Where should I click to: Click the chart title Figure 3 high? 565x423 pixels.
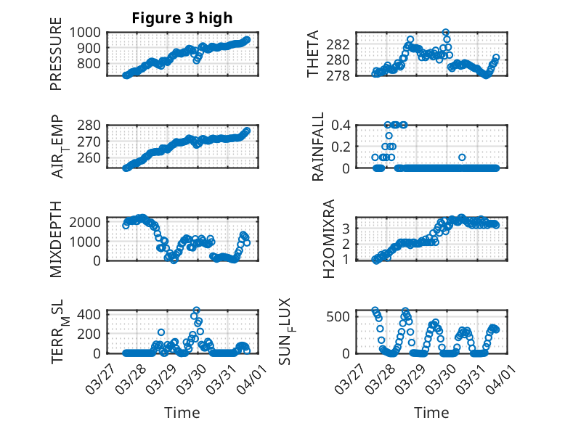point(182,18)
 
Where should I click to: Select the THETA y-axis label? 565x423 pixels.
point(313,54)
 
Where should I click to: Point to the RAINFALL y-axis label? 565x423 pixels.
point(317,147)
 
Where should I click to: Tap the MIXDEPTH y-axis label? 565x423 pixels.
point(56,238)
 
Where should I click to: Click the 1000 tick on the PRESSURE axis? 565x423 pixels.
point(87,32)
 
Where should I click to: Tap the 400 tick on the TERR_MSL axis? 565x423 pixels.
point(92,314)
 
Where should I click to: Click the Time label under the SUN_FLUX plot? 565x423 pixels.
point(431,412)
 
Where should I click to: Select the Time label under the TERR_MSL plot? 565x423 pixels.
point(182,412)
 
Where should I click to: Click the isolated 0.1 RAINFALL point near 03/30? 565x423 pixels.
point(462,157)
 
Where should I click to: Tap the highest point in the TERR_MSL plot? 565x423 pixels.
point(196,311)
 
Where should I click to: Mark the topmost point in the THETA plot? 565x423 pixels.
point(445,33)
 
